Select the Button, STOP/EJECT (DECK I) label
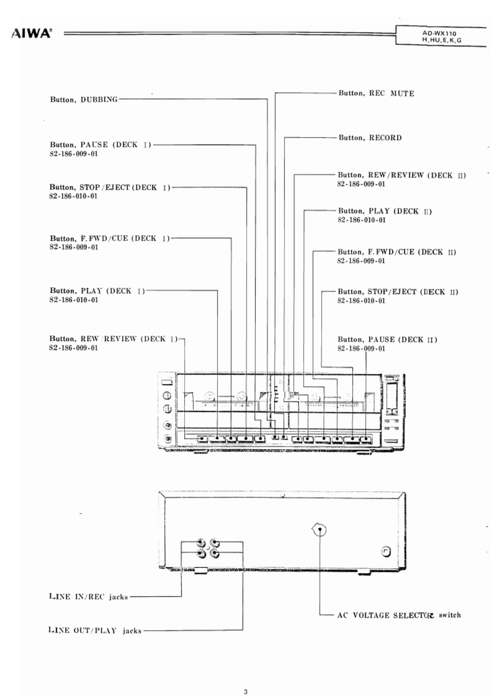coord(109,186)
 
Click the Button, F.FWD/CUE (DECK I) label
coord(109,238)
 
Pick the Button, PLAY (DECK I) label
coord(96,290)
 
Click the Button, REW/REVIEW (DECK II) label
coord(401,176)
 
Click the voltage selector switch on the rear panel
coord(319,530)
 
